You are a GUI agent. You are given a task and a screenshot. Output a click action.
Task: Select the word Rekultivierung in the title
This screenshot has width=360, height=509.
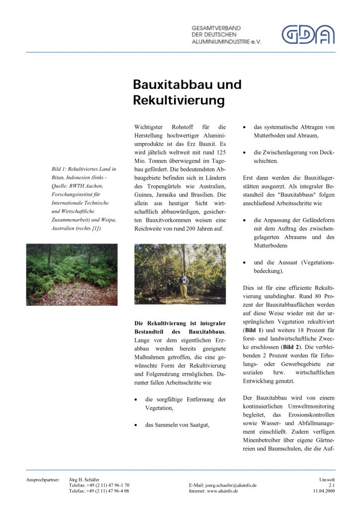coord(179,101)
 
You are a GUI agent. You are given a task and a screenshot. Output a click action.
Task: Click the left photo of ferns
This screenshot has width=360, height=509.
coord(72,274)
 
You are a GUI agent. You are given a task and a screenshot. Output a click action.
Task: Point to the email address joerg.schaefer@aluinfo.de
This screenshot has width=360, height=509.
coord(223,485)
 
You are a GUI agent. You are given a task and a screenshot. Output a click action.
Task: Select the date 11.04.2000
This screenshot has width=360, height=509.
coord(324,491)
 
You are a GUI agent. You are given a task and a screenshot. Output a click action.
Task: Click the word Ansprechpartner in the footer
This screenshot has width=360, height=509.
coord(43,480)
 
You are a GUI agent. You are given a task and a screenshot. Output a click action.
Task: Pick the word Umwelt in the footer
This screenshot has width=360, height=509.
coord(327,480)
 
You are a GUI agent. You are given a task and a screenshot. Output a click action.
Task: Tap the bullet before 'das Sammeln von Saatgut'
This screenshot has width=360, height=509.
coord(136,425)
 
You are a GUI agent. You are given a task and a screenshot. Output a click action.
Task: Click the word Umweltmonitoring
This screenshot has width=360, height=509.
coord(311,407)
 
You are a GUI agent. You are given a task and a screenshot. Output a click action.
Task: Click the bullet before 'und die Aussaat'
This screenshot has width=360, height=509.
coord(245,262)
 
